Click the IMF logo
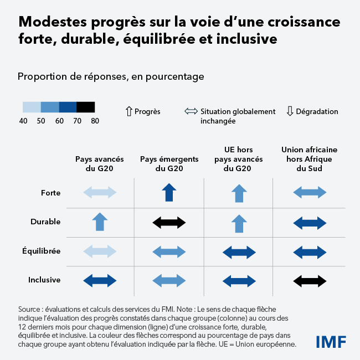point(331,341)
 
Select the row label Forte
point(51,193)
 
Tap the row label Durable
point(45,222)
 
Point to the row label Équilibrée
point(41,250)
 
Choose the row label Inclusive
point(44,280)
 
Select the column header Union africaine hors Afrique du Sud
point(309,159)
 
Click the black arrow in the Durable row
point(169,222)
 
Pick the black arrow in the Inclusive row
point(309,280)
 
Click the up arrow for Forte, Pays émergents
point(169,193)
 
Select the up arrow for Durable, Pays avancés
point(100,222)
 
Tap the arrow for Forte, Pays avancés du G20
point(100,193)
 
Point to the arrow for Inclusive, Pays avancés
point(100,280)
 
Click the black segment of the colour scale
point(86,107)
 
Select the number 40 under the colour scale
point(23,120)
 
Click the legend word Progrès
point(147,112)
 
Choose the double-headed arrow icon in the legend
point(191,112)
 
